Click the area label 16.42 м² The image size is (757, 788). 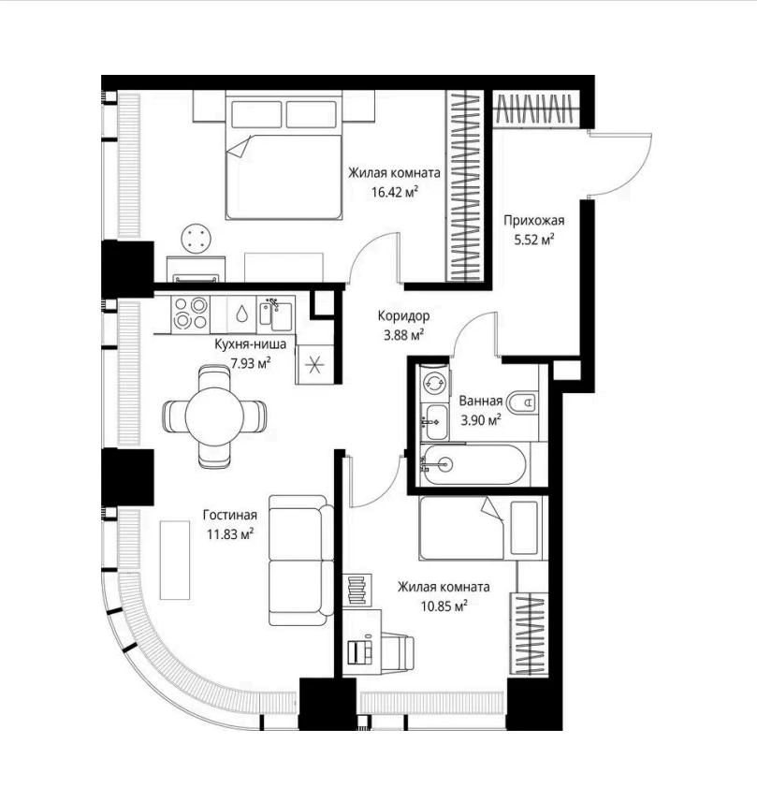click(x=395, y=192)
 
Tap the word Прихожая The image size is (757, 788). click(x=534, y=220)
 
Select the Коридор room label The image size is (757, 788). click(x=403, y=315)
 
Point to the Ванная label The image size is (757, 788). click(x=481, y=401)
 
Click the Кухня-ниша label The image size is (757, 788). click(x=250, y=344)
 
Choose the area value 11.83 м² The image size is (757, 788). click(x=230, y=533)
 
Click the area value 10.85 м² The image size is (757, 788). click(x=444, y=606)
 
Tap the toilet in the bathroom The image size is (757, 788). click(x=521, y=401)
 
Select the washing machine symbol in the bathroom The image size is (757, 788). click(x=434, y=383)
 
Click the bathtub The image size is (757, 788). click(x=473, y=465)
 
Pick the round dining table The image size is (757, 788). click(x=214, y=416)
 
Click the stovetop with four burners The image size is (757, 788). click(x=190, y=314)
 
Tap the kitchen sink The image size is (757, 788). click(x=276, y=314)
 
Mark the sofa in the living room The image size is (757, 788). click(x=301, y=561)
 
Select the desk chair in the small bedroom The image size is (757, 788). click(x=398, y=651)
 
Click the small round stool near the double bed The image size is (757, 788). click(x=197, y=239)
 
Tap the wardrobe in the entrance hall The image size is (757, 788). click(x=536, y=109)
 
